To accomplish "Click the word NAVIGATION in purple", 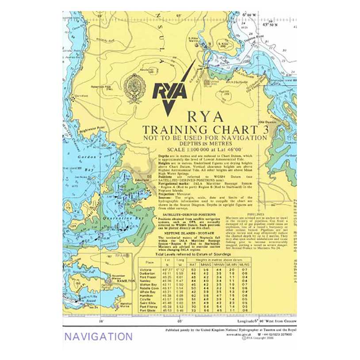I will (98, 337).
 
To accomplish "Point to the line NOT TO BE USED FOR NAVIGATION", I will (204, 138).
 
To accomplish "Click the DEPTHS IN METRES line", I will (204, 143).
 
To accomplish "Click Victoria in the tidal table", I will (146, 269).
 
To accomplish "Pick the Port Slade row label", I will (147, 310).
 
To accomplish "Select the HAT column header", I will (193, 264).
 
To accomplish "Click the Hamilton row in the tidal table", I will (146, 295).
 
